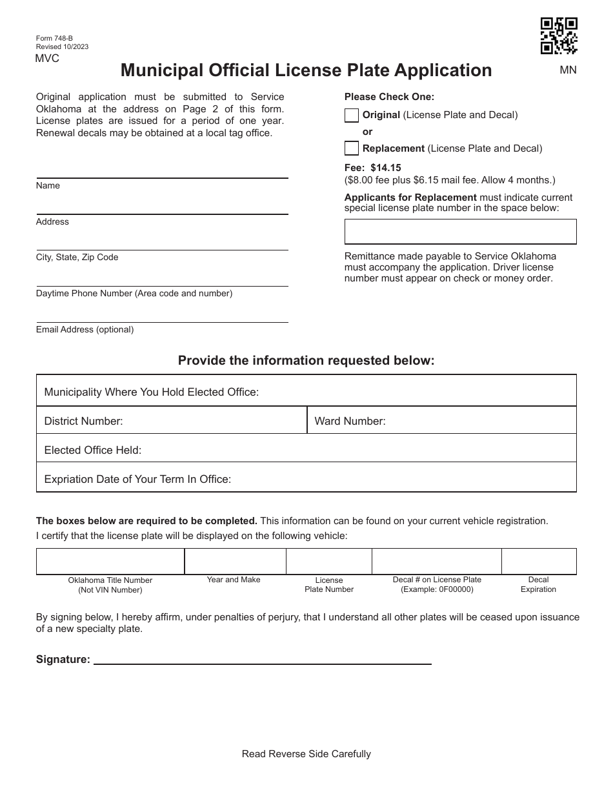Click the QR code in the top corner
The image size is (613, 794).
(x=558, y=36)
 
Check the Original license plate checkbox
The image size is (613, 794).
(x=352, y=116)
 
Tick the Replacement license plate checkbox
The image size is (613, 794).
(x=352, y=148)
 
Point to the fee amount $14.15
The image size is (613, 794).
(x=385, y=168)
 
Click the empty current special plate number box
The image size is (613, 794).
(x=460, y=231)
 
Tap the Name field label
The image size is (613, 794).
(x=48, y=186)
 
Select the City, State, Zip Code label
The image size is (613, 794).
(x=77, y=258)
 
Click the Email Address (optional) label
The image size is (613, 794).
(x=85, y=330)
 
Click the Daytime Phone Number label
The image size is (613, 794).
(x=134, y=294)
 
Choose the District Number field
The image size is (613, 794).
(x=171, y=421)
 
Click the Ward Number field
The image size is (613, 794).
(x=441, y=421)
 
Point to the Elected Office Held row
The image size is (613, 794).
(x=306, y=450)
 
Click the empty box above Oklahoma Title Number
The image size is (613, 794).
(x=110, y=561)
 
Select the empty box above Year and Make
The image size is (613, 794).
(x=235, y=561)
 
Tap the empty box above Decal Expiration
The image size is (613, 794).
(x=539, y=561)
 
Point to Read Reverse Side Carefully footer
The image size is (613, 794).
(x=306, y=754)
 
